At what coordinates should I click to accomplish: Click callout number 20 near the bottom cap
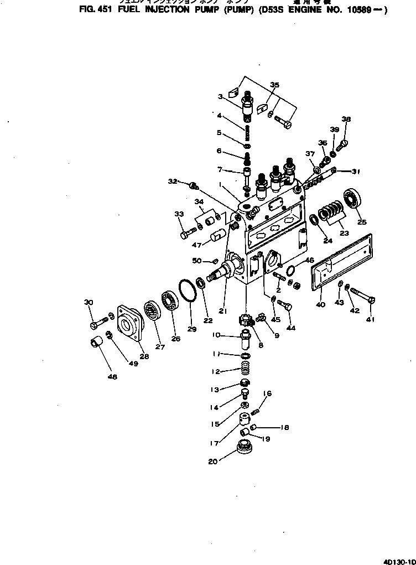[212, 462]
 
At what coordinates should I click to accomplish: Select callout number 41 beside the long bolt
[370, 319]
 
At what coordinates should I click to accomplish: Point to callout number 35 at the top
[274, 85]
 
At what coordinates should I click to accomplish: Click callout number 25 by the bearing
[362, 222]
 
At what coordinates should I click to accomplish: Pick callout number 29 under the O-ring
[191, 329]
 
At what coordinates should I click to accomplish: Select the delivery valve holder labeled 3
[247, 105]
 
